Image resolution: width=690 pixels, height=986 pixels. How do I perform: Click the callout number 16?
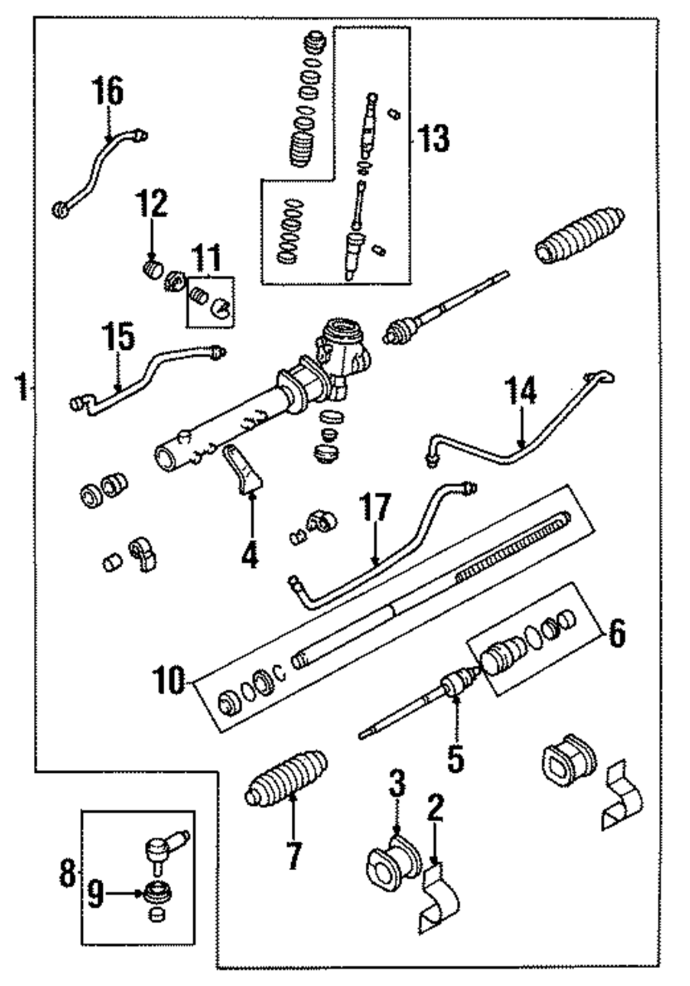(109, 90)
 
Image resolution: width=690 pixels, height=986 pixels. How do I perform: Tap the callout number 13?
(433, 137)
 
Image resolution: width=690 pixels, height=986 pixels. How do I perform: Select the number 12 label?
(152, 203)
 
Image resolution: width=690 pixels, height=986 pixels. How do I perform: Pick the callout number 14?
(520, 390)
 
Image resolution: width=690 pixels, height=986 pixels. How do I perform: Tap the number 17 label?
(375, 508)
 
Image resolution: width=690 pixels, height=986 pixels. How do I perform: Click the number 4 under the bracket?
(250, 555)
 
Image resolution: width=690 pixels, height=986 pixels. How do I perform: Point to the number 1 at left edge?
(22, 386)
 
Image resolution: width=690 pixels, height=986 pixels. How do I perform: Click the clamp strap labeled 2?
(440, 899)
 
